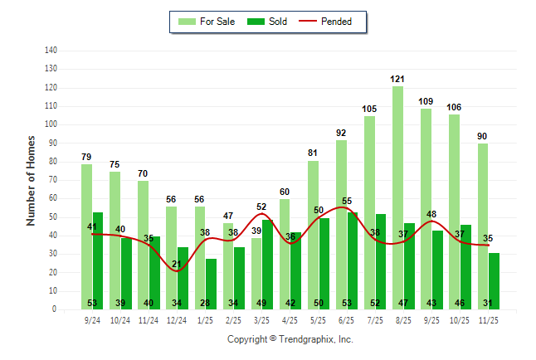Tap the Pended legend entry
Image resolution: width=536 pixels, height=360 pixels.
(x=335, y=22)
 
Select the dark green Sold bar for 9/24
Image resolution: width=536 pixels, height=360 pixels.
(x=98, y=257)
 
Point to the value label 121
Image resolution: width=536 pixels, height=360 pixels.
(x=397, y=79)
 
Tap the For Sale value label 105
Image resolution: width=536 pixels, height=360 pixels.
(x=369, y=109)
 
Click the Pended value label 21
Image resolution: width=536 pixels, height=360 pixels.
(x=177, y=265)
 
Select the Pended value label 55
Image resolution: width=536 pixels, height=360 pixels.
(x=347, y=201)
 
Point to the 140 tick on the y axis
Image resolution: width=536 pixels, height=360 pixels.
(x=51, y=51)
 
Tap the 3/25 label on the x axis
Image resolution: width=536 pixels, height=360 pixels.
(x=261, y=319)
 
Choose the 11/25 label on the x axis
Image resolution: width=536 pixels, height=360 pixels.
(x=489, y=319)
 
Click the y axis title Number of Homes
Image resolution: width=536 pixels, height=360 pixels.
(x=32, y=180)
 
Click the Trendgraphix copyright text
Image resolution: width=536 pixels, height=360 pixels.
(x=290, y=339)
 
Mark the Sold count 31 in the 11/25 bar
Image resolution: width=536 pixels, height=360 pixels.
(x=495, y=303)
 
